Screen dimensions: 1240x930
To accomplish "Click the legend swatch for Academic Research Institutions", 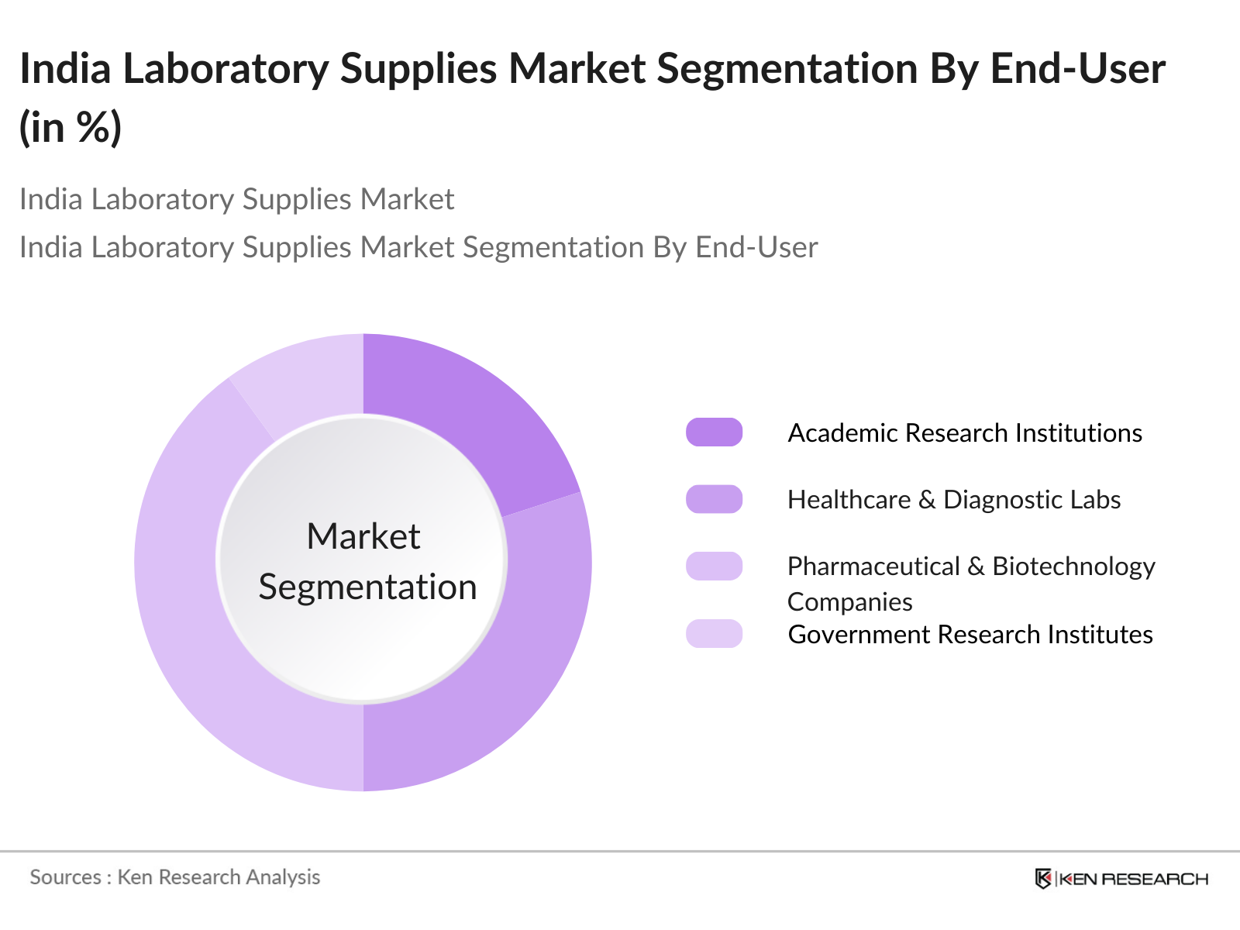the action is (x=714, y=432).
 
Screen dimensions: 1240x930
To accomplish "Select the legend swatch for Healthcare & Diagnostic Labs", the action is (x=714, y=499).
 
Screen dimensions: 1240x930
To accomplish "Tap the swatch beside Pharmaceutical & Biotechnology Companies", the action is (x=714, y=567).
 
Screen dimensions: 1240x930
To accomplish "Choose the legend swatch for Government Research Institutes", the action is (x=714, y=633).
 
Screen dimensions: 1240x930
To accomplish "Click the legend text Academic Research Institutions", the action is (x=965, y=433).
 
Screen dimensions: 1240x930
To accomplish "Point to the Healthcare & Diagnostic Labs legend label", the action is (x=954, y=500).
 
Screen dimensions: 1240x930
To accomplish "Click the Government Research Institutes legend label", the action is (x=970, y=635).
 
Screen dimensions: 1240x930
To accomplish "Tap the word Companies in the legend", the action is (x=849, y=602).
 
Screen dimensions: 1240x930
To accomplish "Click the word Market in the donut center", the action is (x=363, y=536).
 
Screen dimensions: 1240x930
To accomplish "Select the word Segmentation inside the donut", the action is (x=368, y=587).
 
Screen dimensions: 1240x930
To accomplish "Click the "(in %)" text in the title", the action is (x=71, y=128).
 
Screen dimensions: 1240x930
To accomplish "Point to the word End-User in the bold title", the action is (x=1078, y=69).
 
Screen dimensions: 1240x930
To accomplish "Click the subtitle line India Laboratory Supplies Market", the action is (x=236, y=199).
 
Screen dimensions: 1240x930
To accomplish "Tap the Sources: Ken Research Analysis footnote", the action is (x=174, y=877).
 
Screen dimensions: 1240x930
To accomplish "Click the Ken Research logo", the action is (x=1121, y=879).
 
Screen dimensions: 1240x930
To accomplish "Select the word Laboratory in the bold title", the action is (x=226, y=70).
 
